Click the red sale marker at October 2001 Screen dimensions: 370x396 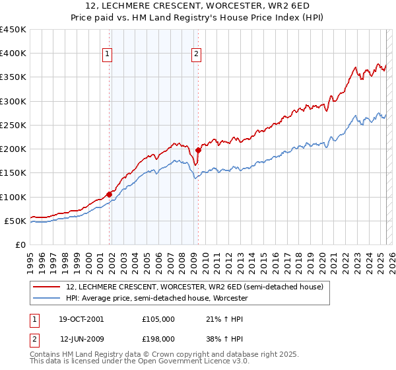(x=110, y=194)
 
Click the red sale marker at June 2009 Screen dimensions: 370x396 (x=199, y=150)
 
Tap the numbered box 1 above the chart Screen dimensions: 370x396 (x=108, y=55)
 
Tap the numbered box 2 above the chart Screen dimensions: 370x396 (x=197, y=55)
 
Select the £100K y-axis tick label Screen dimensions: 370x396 (x=13, y=197)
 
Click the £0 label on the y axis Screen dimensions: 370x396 (x=20, y=245)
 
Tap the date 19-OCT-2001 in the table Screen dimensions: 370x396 (x=82, y=319)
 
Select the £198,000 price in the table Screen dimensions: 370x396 (x=158, y=339)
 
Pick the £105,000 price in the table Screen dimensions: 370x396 (x=158, y=319)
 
